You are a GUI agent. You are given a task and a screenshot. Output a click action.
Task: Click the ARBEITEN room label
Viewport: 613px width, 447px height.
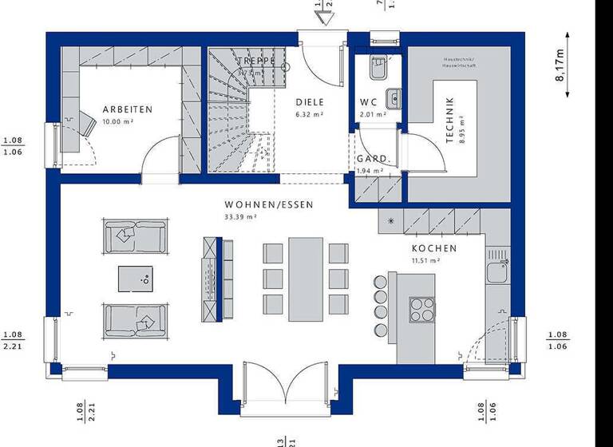pyautogui.click(x=127, y=109)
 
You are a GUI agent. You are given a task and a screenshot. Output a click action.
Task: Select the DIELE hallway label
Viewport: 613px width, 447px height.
pyautogui.click(x=309, y=102)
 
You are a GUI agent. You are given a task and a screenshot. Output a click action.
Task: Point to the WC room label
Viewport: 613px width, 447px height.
pyautogui.click(x=368, y=102)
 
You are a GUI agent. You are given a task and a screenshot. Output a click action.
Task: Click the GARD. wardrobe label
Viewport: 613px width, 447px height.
pyautogui.click(x=372, y=159)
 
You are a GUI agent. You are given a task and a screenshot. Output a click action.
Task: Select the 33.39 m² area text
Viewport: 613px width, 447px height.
pyautogui.click(x=240, y=216)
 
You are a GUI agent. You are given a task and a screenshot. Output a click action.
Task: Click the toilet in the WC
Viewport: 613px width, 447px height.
pyautogui.click(x=377, y=69)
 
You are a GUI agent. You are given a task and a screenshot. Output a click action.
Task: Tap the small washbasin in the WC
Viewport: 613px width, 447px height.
pyautogui.click(x=392, y=99)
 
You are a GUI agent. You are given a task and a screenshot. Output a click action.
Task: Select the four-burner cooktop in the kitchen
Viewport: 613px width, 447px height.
pyautogui.click(x=421, y=309)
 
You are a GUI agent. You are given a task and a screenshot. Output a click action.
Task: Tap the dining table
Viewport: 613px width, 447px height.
pyautogui.click(x=306, y=277)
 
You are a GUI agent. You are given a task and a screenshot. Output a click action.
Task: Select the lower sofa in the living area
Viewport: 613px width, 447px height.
pyautogui.click(x=135, y=320)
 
